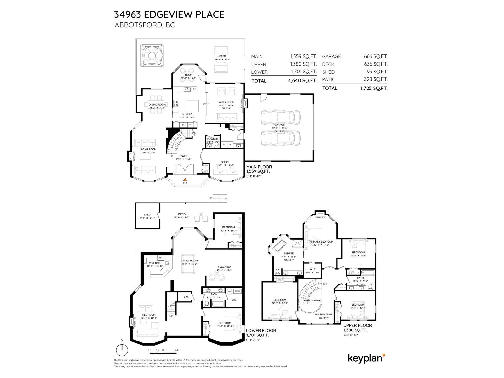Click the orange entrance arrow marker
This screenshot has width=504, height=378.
(185, 180)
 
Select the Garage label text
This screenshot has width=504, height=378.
(279, 125)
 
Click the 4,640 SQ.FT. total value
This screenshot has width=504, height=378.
(302, 81)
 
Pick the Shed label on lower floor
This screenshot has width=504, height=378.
(147, 215)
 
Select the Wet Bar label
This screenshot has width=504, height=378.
(154, 263)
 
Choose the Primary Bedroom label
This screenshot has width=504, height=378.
(321, 242)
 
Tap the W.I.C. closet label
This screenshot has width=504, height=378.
(313, 269)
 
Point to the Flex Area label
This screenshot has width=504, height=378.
(224, 267)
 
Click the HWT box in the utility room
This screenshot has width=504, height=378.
(230, 291)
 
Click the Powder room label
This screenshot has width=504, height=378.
(213, 139)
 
